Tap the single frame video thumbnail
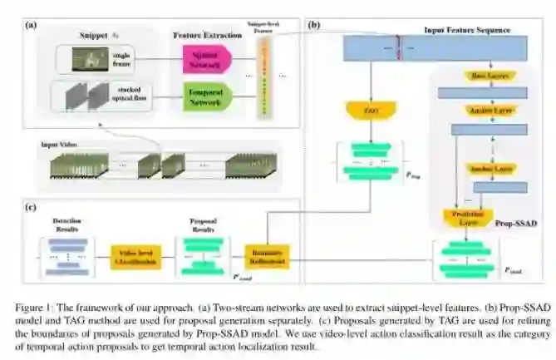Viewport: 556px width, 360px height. [x=87, y=58]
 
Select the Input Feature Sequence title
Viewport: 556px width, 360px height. [x=467, y=31]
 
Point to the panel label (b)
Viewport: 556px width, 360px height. [x=314, y=26]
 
